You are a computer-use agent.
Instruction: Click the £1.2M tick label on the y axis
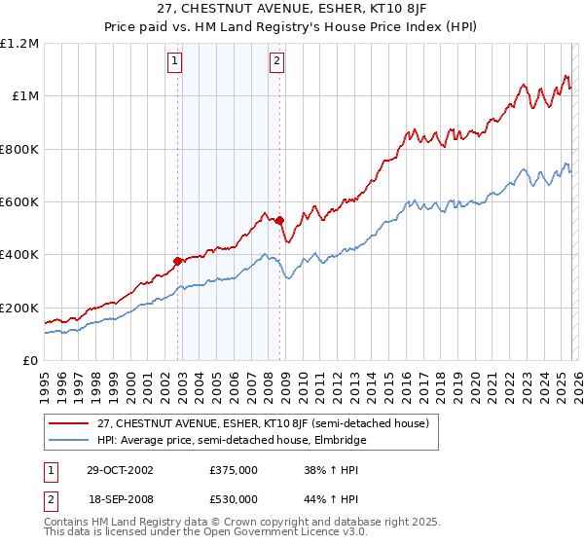(x=18, y=44)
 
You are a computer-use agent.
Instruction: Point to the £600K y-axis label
(x=18, y=202)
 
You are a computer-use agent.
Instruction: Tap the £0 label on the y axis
(x=30, y=361)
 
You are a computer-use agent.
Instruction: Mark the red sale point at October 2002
(x=178, y=261)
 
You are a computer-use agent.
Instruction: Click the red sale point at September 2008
(x=279, y=220)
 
